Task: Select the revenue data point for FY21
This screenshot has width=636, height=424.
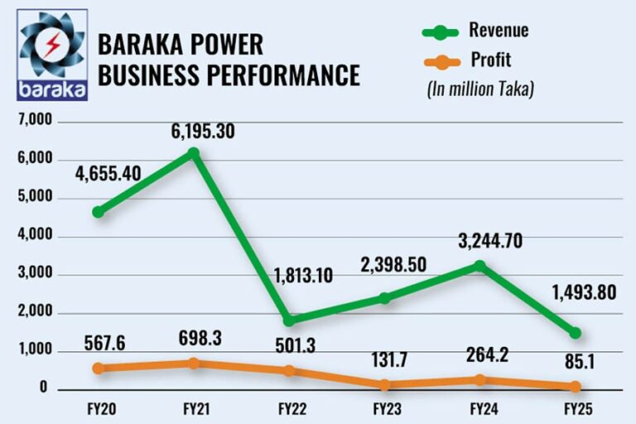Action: click(194, 153)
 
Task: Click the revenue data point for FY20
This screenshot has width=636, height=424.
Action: click(98, 212)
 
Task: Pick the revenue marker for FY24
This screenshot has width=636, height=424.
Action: click(479, 266)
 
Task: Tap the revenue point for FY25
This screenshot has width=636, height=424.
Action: click(575, 333)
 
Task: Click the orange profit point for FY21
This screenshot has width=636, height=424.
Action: click(194, 363)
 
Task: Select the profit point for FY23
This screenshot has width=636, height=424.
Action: click(384, 384)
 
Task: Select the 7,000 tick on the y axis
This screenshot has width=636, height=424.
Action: click(34, 122)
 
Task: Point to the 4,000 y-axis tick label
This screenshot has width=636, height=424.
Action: click(34, 237)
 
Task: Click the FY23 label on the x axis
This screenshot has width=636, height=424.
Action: click(384, 408)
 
